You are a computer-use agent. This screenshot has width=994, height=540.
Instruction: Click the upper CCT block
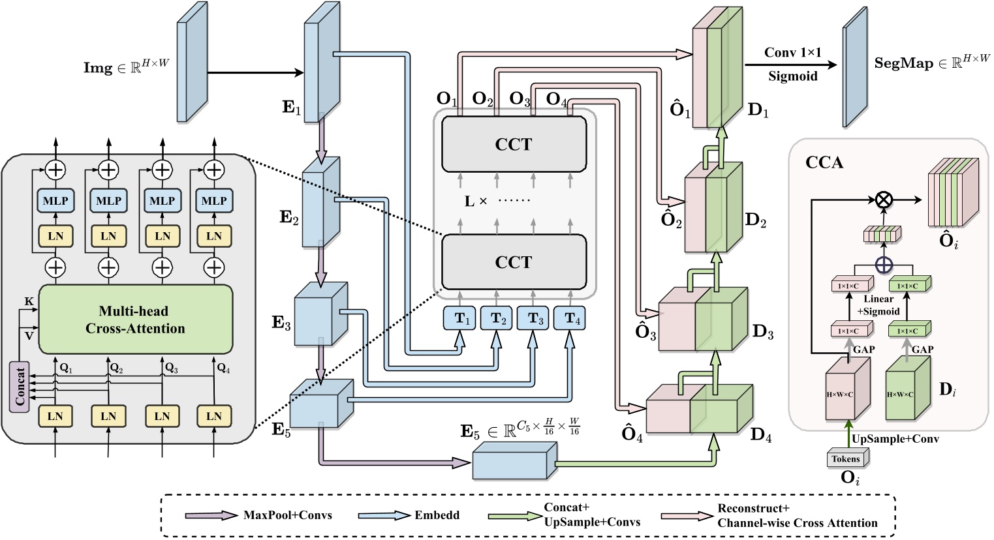[514, 145]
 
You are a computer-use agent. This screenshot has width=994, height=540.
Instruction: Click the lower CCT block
[514, 262]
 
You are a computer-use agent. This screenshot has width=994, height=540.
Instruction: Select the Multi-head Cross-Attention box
[136, 320]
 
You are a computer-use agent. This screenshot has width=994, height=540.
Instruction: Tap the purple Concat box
[20, 386]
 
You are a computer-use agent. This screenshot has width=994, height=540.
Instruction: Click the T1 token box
[461, 318]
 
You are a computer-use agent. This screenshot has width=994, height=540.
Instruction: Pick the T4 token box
[570, 318]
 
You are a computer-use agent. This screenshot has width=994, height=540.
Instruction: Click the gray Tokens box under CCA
[846, 458]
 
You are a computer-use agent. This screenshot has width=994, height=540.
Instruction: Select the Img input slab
[191, 70]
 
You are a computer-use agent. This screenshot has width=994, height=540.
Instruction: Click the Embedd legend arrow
[382, 515]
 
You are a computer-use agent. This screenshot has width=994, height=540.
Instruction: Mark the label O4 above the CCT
[556, 99]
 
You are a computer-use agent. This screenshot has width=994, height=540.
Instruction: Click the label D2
[756, 220]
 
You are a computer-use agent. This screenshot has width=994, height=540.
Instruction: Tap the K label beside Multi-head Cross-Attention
[29, 302]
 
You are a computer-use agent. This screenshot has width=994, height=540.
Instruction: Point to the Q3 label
[172, 368]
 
